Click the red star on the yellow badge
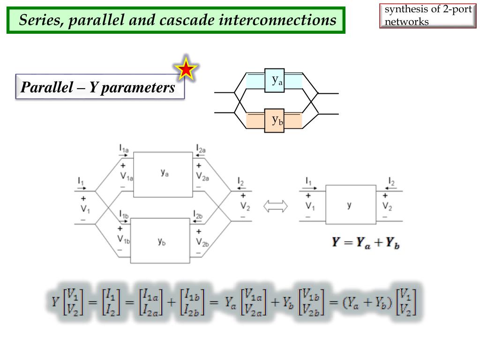coord(187,70)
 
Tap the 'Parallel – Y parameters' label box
coord(99,87)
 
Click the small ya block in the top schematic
coord(274,81)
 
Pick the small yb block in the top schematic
coord(274,120)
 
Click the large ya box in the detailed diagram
coord(163,174)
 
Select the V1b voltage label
coord(124,239)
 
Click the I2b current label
coord(198,215)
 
